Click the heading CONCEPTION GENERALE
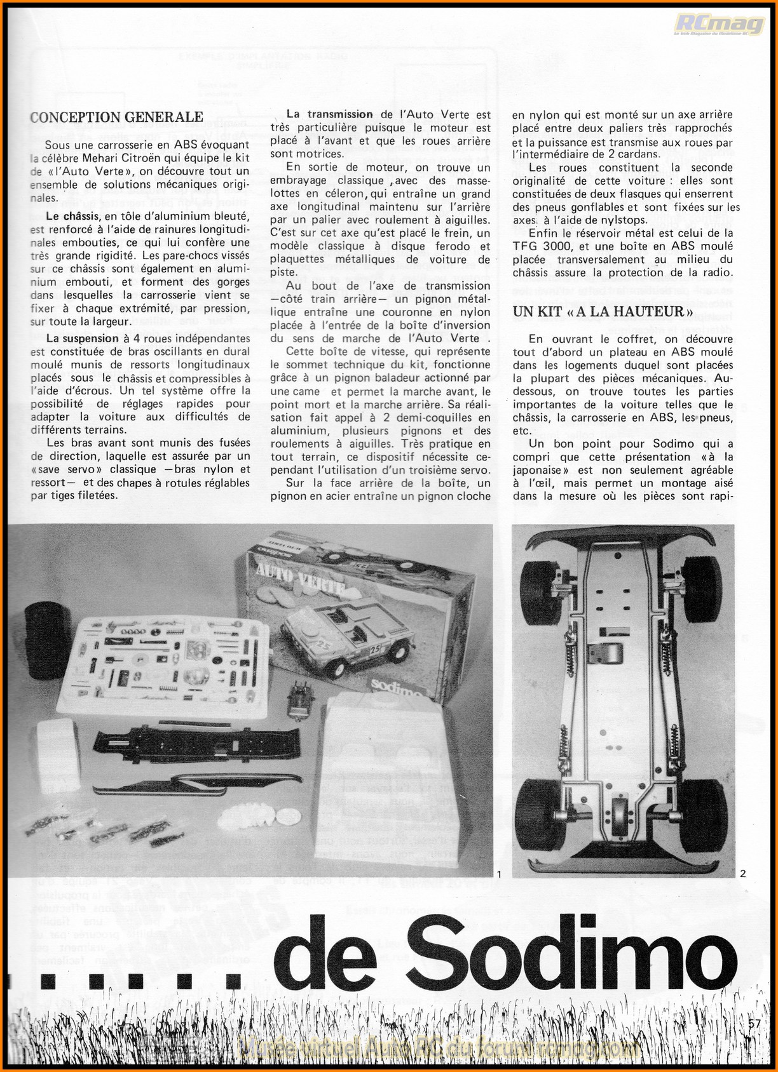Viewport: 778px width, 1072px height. point(116,117)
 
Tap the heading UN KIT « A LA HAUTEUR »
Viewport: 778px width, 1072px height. point(602,311)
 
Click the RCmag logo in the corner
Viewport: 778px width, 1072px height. point(720,25)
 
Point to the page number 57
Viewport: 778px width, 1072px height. point(754,1023)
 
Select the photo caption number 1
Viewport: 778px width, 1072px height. point(499,874)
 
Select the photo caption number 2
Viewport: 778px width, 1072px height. point(742,874)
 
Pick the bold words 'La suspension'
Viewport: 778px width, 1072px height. point(83,338)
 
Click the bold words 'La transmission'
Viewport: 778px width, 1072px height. point(329,114)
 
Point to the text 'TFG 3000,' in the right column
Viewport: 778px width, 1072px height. point(538,246)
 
